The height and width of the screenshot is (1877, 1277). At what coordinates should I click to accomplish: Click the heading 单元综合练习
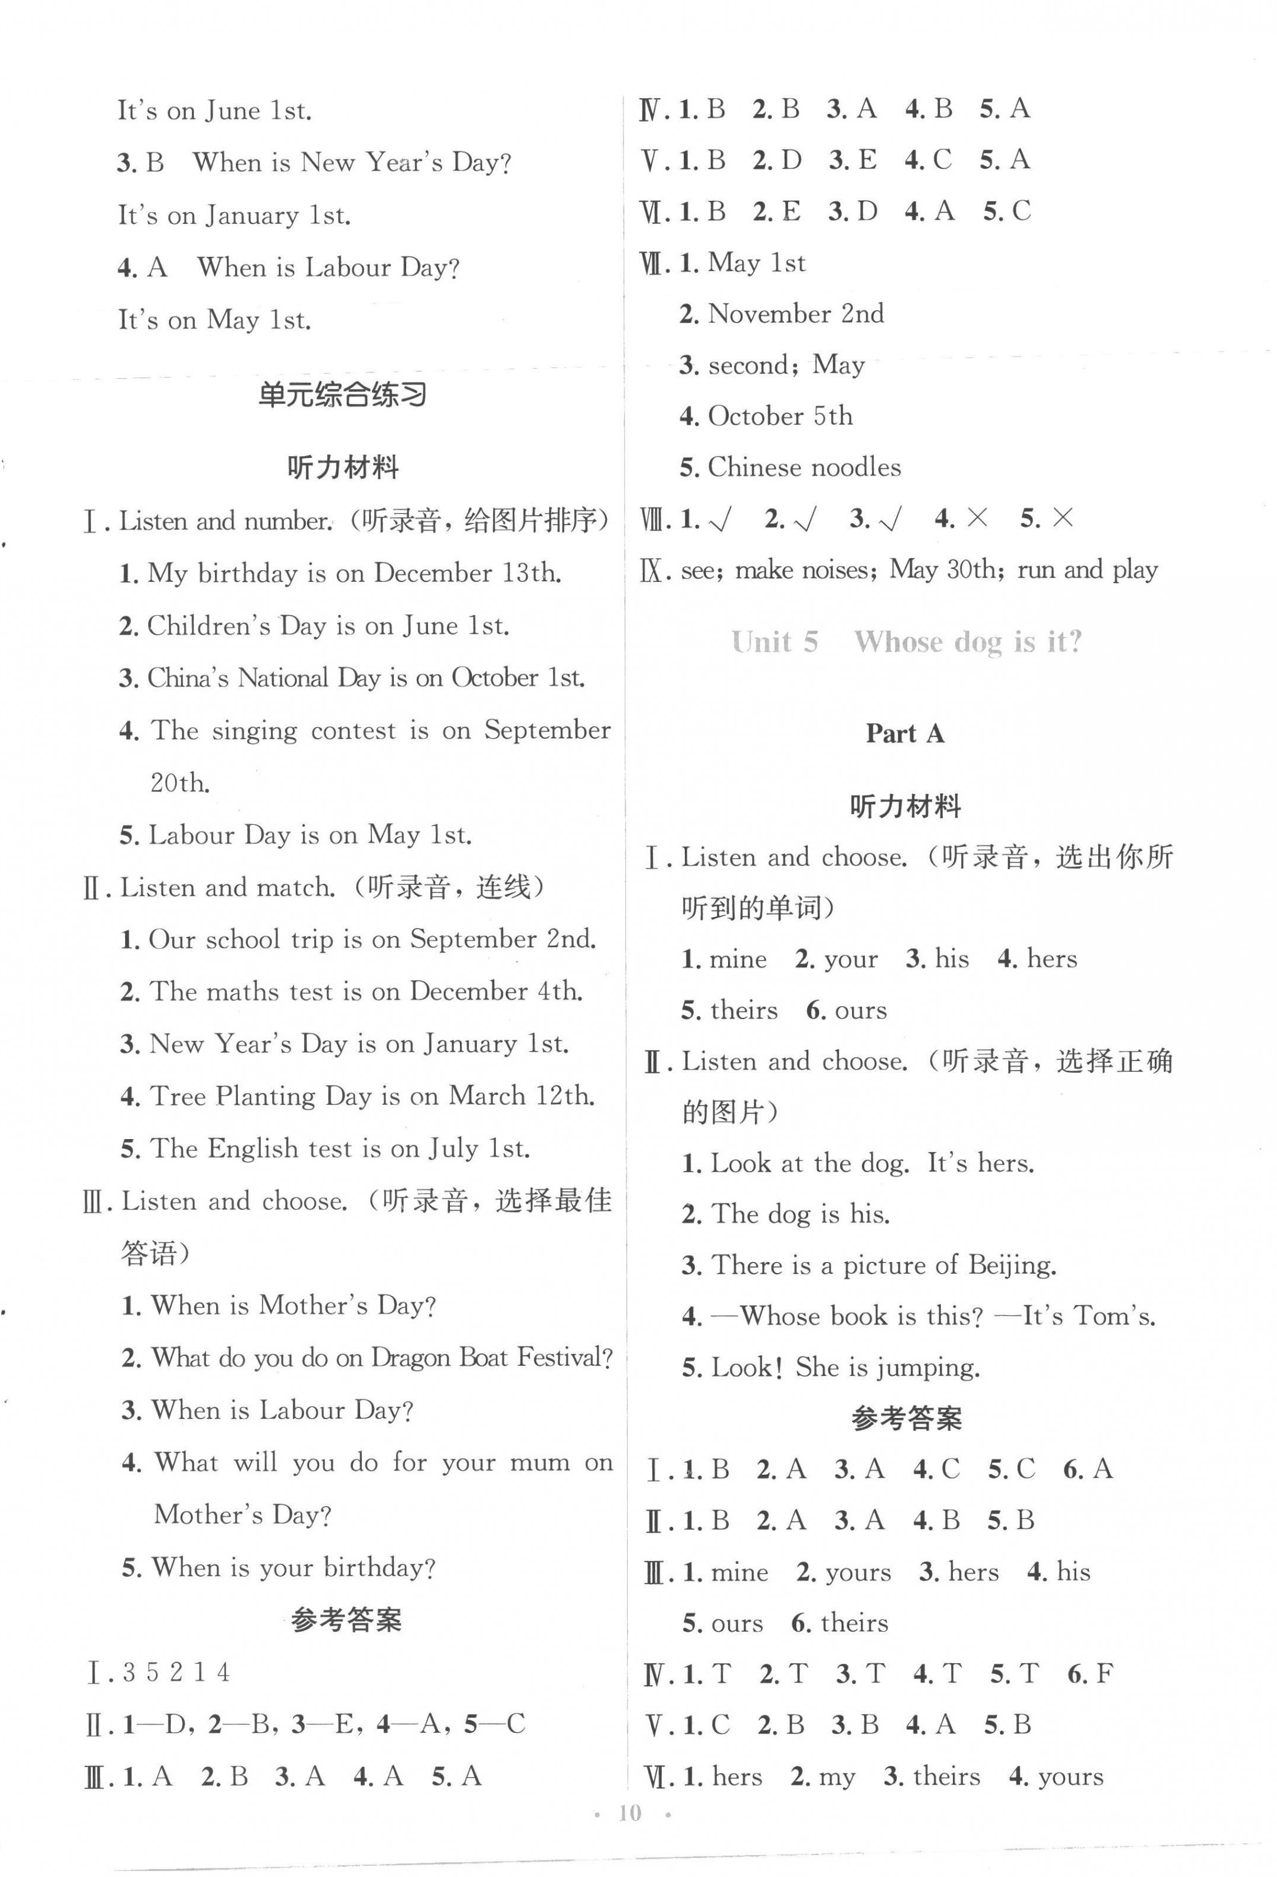(x=342, y=395)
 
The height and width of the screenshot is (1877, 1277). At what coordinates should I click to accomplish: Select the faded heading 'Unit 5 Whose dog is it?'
(x=906, y=642)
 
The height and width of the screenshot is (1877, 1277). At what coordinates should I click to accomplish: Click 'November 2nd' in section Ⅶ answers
(x=795, y=313)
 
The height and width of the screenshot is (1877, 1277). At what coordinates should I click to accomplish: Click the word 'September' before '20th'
(x=547, y=730)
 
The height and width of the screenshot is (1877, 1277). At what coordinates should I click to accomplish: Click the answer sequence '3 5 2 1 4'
(x=176, y=1672)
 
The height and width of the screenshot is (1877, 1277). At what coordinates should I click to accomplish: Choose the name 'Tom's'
(x=1114, y=1316)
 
